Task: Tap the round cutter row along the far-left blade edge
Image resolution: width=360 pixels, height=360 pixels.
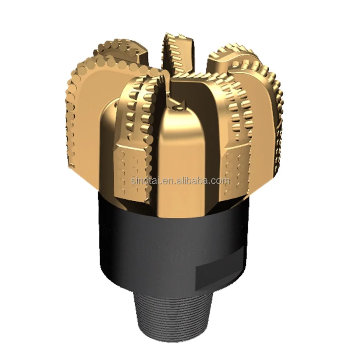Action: (x=72, y=104)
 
